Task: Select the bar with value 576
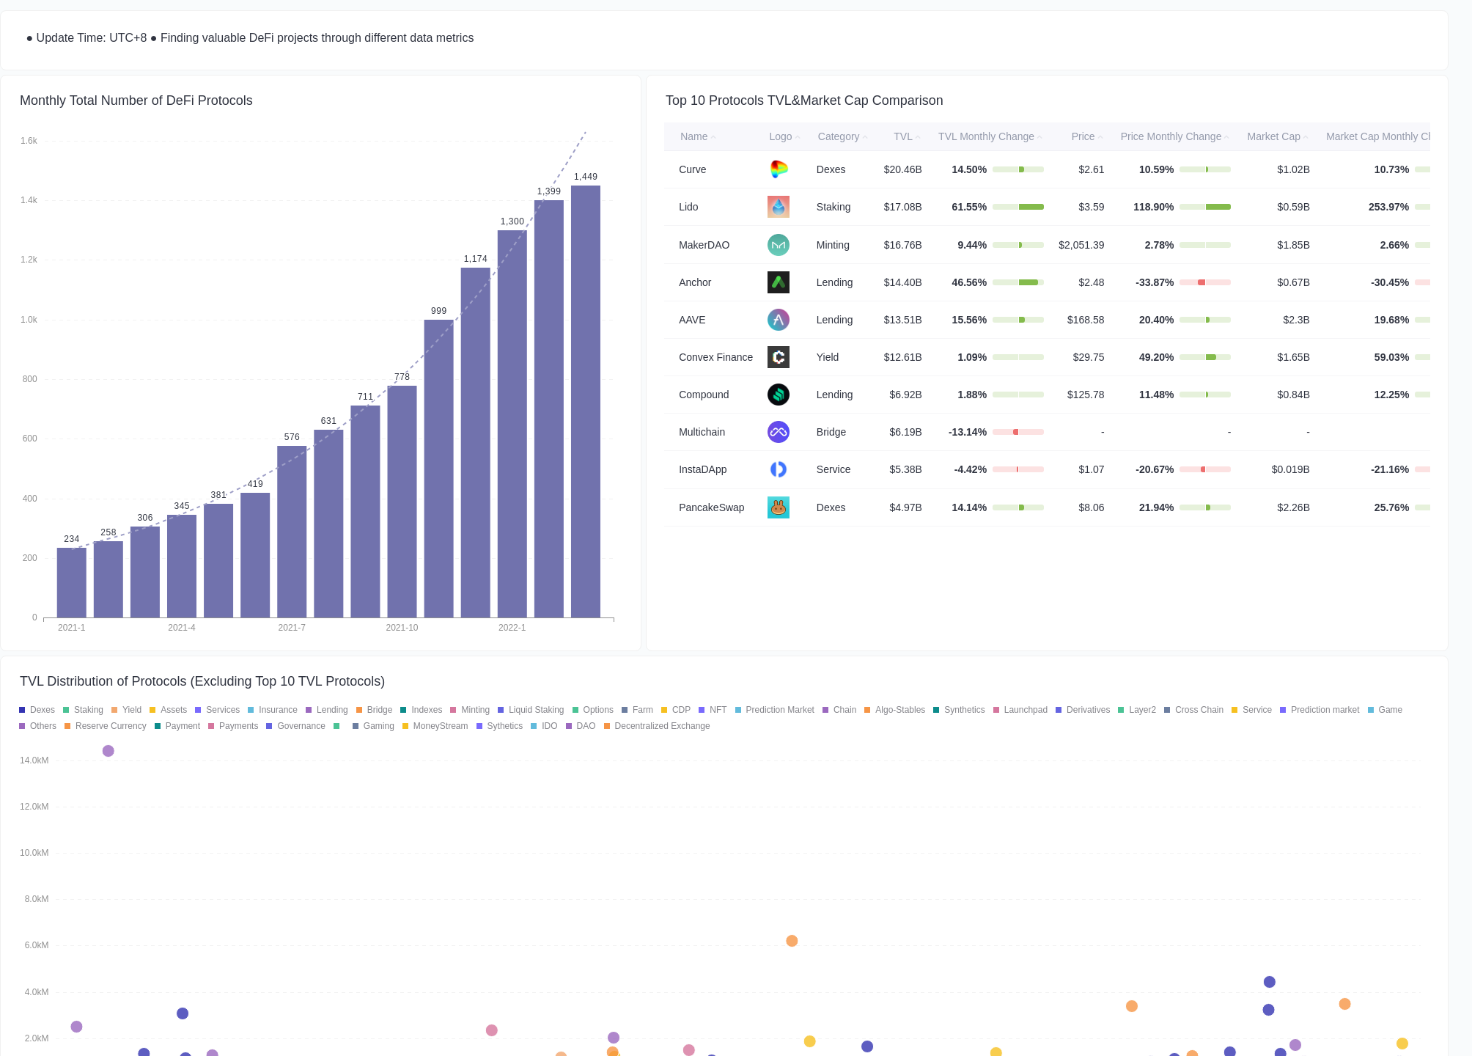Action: click(x=292, y=531)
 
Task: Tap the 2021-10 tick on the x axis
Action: click(x=402, y=628)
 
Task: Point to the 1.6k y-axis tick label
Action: click(x=29, y=141)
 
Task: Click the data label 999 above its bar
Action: click(x=438, y=311)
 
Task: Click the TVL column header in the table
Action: click(x=903, y=136)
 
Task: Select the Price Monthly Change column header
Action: click(x=1171, y=136)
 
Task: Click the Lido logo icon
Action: click(x=778, y=207)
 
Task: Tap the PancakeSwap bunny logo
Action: click(x=778, y=507)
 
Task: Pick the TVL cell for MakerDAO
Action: click(x=902, y=245)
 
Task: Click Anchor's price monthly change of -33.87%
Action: click(x=1155, y=282)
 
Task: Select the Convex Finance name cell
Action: click(x=715, y=357)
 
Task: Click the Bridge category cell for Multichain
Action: click(x=831, y=432)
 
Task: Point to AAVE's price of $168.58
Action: click(x=1085, y=320)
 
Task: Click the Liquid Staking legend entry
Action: click(x=535, y=710)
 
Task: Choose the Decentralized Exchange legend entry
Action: click(x=661, y=726)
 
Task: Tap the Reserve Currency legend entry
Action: click(x=110, y=726)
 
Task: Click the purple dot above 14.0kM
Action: click(x=108, y=751)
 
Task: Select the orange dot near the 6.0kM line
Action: click(x=792, y=941)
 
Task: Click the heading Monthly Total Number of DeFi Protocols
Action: click(x=136, y=100)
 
